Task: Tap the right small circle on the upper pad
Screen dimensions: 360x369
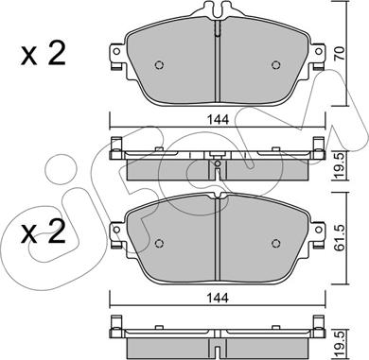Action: pyautogui.click(x=275, y=65)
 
